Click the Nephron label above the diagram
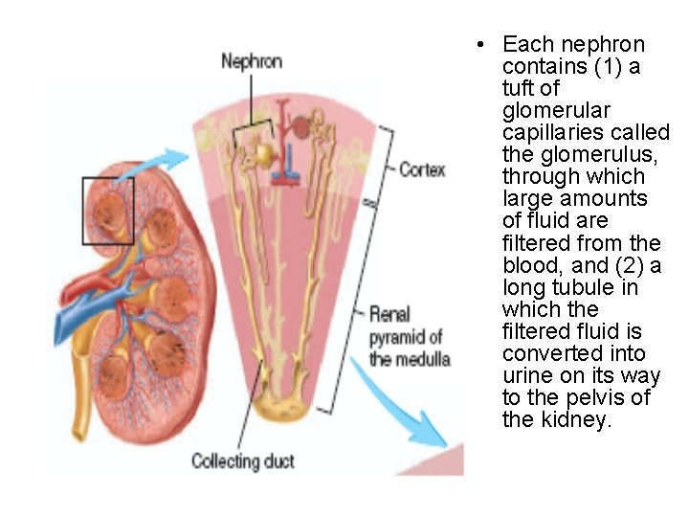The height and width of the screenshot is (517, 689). click(252, 62)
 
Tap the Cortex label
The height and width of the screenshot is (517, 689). click(422, 169)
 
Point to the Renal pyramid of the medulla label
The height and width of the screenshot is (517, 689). click(406, 336)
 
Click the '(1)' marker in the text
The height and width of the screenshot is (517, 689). click(604, 66)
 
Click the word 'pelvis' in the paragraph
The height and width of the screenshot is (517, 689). click(586, 398)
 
